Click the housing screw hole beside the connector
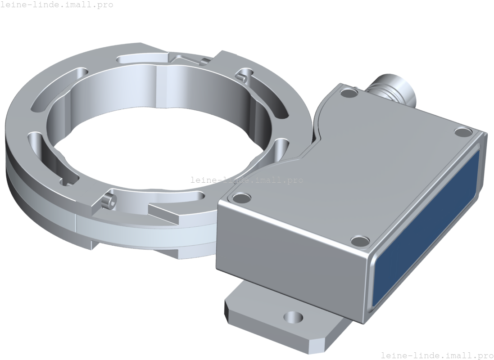pos(349,94)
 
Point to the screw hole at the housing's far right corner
pos(463,132)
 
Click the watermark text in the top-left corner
pos(57,5)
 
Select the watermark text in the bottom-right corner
pos(437,355)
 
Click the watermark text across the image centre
pos(247,180)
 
